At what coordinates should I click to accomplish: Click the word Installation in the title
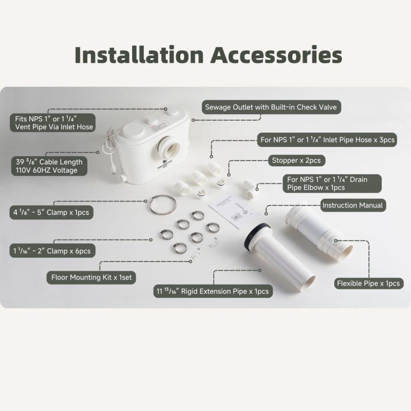click(139, 55)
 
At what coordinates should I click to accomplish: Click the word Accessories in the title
click(276, 55)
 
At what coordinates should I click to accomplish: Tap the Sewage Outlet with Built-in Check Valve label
click(271, 107)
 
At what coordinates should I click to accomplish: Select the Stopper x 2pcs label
click(296, 160)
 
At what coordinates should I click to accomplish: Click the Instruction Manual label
click(353, 205)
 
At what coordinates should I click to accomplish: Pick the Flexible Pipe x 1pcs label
click(368, 284)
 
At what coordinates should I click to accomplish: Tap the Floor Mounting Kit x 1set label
click(91, 277)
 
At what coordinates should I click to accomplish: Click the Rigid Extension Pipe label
click(213, 291)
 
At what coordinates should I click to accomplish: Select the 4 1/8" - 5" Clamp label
click(51, 212)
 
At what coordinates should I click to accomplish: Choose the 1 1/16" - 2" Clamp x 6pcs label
click(52, 251)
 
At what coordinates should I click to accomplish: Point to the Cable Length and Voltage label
click(49, 166)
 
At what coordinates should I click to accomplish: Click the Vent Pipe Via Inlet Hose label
click(53, 123)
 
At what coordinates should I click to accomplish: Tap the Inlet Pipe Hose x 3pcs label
click(327, 140)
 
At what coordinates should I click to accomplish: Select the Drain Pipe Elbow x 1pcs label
click(332, 183)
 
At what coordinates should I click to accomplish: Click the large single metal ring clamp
click(163, 204)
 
